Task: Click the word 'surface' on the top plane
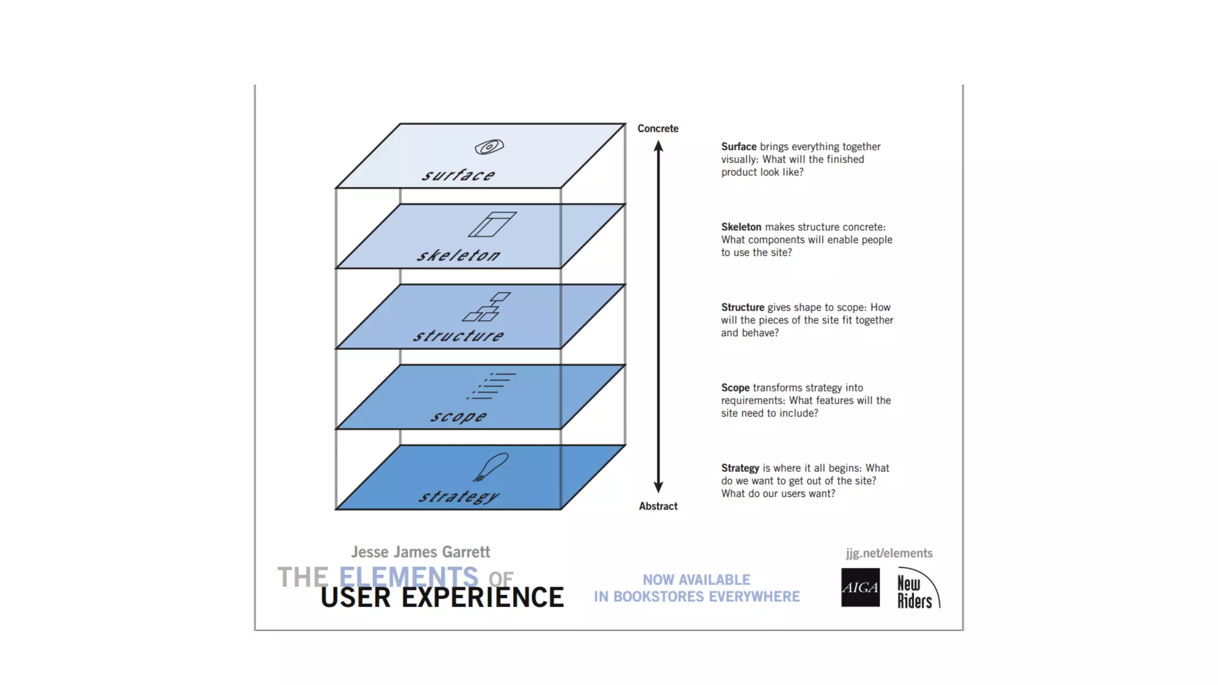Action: pos(458,175)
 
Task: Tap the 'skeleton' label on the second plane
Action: pos(459,255)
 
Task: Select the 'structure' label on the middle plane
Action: pos(459,335)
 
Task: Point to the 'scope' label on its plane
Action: pos(459,416)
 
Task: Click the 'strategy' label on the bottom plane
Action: pos(459,496)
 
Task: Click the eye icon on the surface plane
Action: pos(489,146)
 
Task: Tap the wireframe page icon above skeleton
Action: pos(492,224)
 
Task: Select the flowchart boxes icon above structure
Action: pos(487,307)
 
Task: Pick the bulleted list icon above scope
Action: pos(491,386)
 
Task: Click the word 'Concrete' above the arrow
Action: pos(658,128)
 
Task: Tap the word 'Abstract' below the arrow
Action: pos(658,506)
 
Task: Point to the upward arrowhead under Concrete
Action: pos(658,146)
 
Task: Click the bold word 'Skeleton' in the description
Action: pos(741,227)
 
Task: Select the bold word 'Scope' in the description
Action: pos(735,388)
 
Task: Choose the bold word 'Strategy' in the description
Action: pos(740,468)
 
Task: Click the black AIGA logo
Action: pos(860,587)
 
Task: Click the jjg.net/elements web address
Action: pos(889,553)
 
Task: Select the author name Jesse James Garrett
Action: pos(420,552)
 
